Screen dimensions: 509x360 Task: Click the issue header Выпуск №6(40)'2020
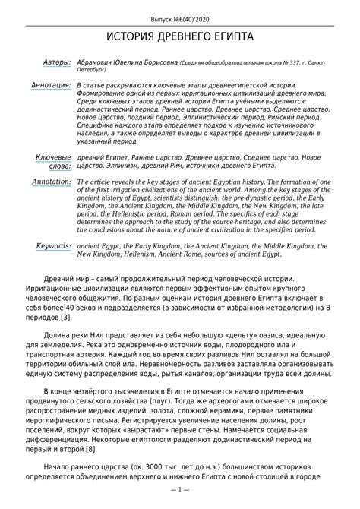[179, 16]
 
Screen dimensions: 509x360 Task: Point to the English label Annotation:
[49, 183]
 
